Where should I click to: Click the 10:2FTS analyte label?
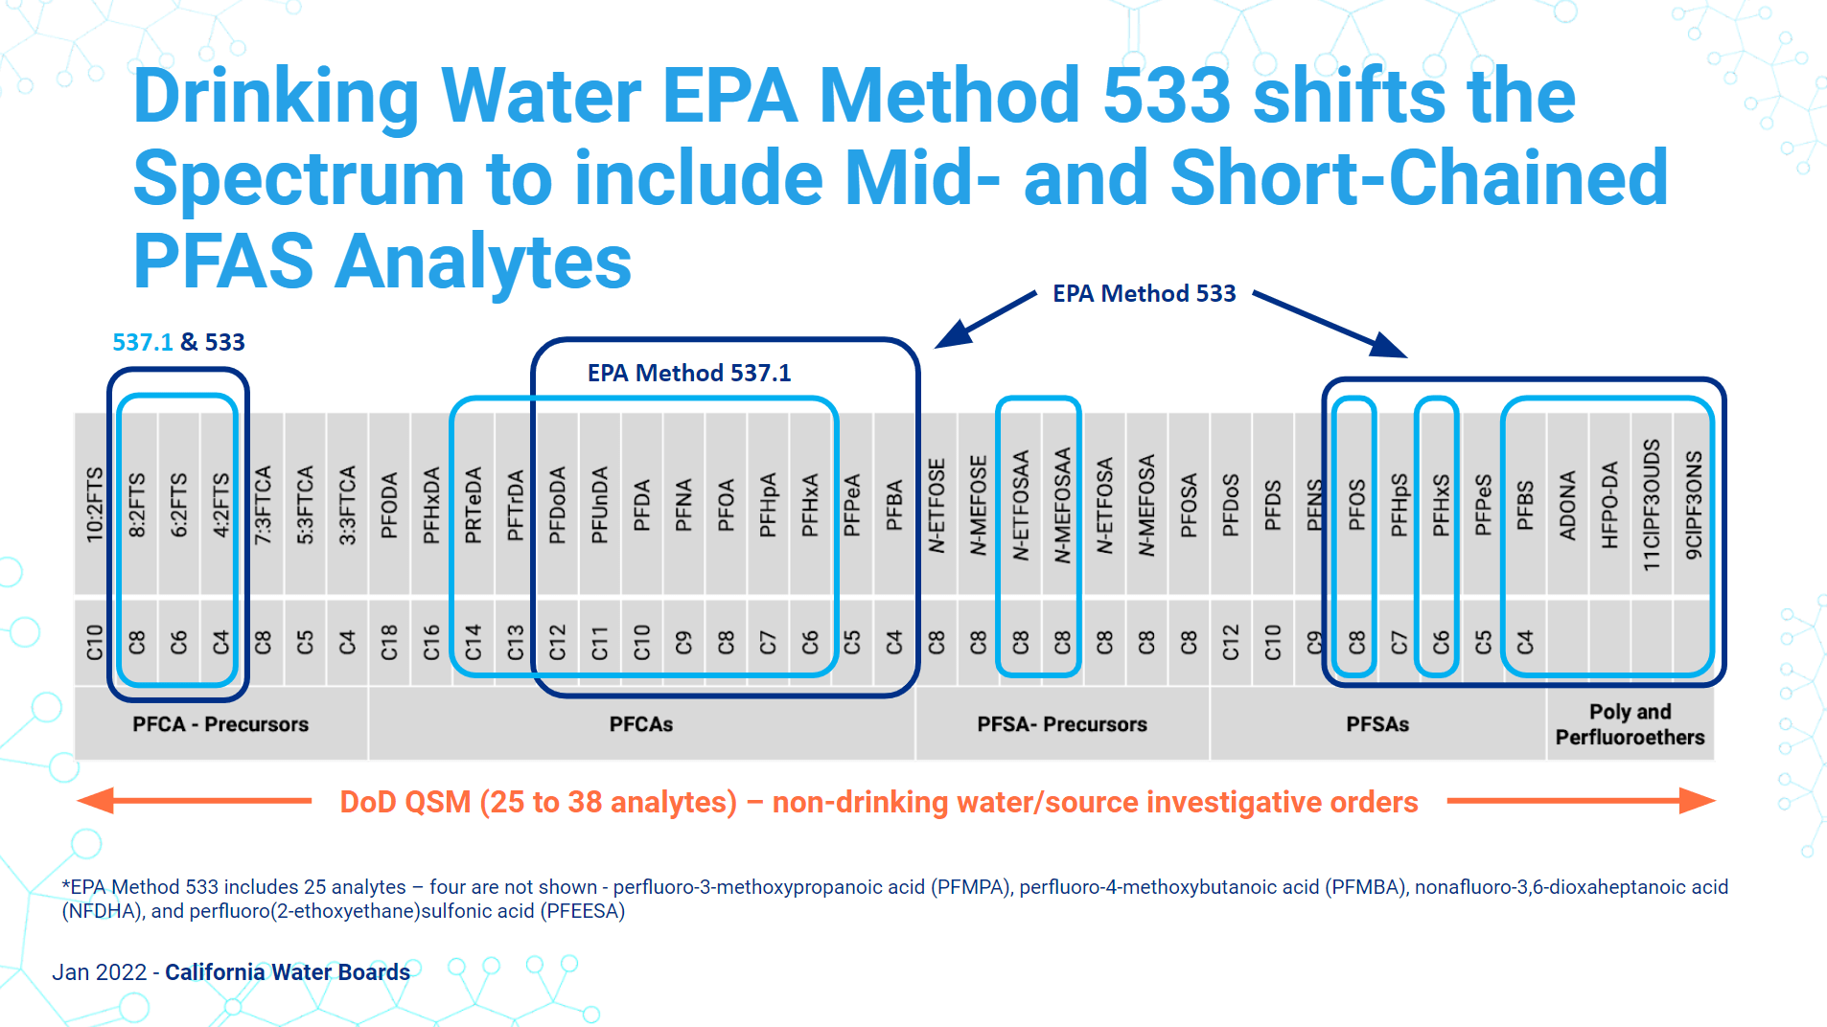[95, 505]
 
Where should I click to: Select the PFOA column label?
[726, 505]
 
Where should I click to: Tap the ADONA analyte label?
[1567, 505]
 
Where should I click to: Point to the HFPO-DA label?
[1609, 505]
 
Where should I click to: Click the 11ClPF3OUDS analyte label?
[1651, 505]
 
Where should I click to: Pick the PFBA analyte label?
[893, 505]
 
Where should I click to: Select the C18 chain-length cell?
[389, 642]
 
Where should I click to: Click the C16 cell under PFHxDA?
[431, 642]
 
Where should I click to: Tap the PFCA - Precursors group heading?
[220, 724]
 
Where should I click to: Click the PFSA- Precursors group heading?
[1062, 724]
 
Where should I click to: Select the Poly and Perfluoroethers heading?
[1630, 724]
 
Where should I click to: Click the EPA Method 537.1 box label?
[689, 373]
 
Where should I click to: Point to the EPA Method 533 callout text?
[1144, 293]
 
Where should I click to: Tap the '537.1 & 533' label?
[178, 342]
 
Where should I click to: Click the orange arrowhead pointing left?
[96, 801]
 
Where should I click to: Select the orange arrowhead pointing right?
[1697, 801]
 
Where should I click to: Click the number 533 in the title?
[1166, 96]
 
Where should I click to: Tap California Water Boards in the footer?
[288, 972]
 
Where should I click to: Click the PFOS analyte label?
[1356, 505]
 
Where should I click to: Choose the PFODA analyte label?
[389, 505]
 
